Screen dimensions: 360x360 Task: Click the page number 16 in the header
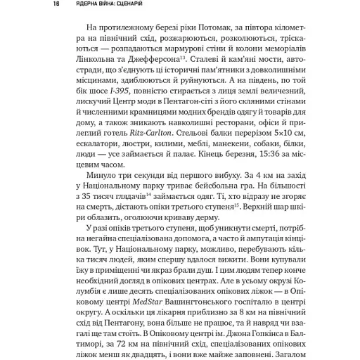[x=36, y=4]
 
